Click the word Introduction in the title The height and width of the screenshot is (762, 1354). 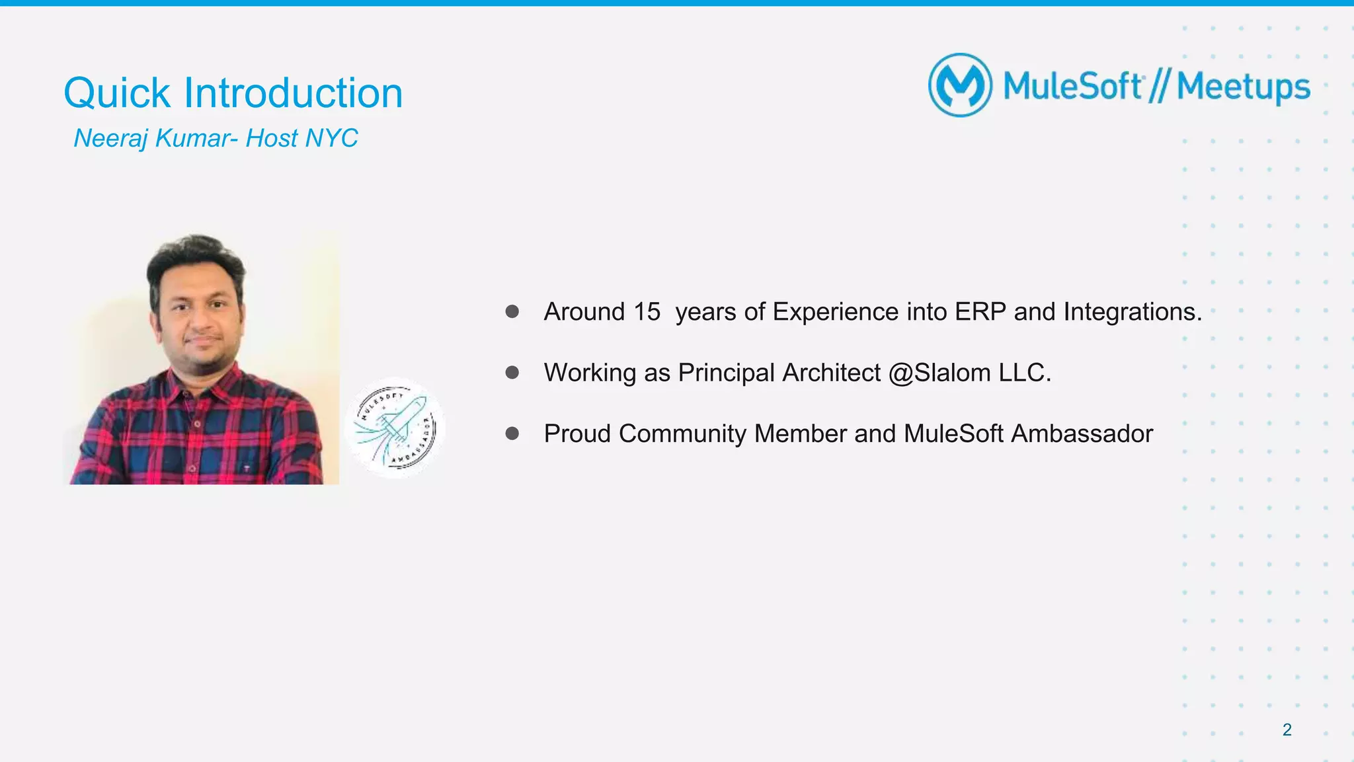click(x=293, y=93)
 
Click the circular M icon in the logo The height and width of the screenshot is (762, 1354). click(x=960, y=85)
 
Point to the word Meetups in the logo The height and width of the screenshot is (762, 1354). click(x=1243, y=87)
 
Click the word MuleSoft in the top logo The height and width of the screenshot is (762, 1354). click(x=1072, y=86)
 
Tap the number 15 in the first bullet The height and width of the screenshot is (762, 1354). click(x=647, y=312)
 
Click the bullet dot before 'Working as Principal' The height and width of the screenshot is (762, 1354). click(x=512, y=373)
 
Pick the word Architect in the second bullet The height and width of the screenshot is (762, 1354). click(x=831, y=373)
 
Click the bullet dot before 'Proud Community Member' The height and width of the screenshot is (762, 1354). click(x=512, y=434)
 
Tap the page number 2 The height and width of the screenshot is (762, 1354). click(x=1287, y=730)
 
